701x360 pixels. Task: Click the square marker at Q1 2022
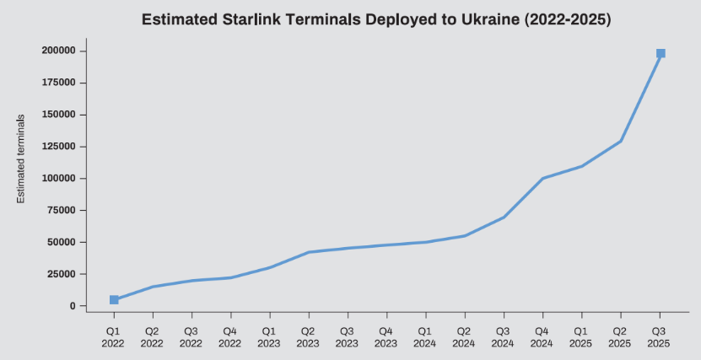(x=114, y=300)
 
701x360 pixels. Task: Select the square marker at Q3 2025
(x=661, y=53)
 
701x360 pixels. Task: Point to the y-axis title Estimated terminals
(x=22, y=159)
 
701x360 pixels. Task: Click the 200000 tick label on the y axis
(x=59, y=51)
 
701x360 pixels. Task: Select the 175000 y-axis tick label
(x=59, y=83)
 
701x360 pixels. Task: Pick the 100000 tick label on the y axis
(x=59, y=179)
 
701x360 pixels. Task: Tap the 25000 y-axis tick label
(x=62, y=274)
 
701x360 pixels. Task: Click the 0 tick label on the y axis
(x=73, y=306)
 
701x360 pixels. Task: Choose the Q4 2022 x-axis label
(x=230, y=337)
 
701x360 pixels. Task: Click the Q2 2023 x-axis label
(x=308, y=337)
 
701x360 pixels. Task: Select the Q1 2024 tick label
(x=425, y=337)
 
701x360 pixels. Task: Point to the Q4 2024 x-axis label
(x=542, y=337)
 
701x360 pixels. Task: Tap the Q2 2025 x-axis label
(x=621, y=337)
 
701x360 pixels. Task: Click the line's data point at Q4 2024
(x=542, y=179)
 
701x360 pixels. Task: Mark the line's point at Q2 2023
(x=308, y=252)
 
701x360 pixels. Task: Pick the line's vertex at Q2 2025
(x=621, y=141)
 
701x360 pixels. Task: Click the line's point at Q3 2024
(x=504, y=218)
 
